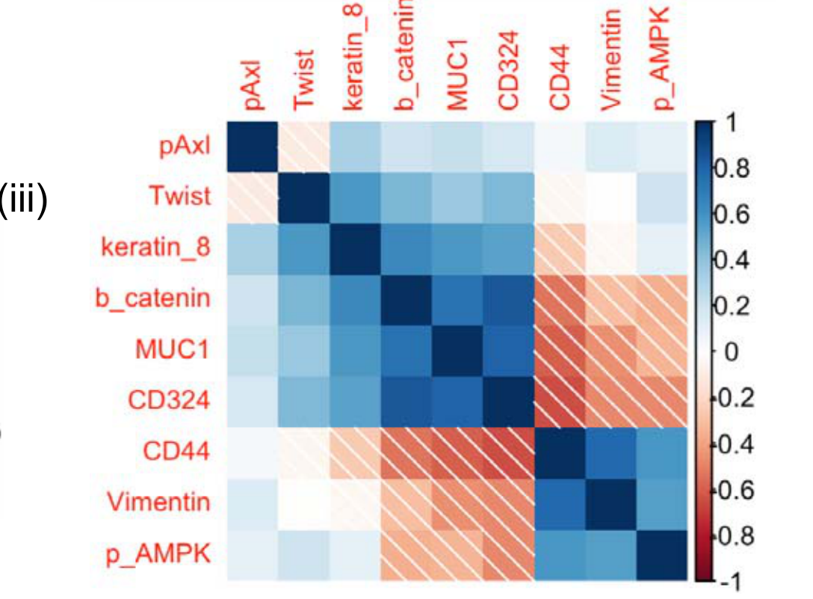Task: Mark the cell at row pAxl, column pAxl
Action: (253, 147)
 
